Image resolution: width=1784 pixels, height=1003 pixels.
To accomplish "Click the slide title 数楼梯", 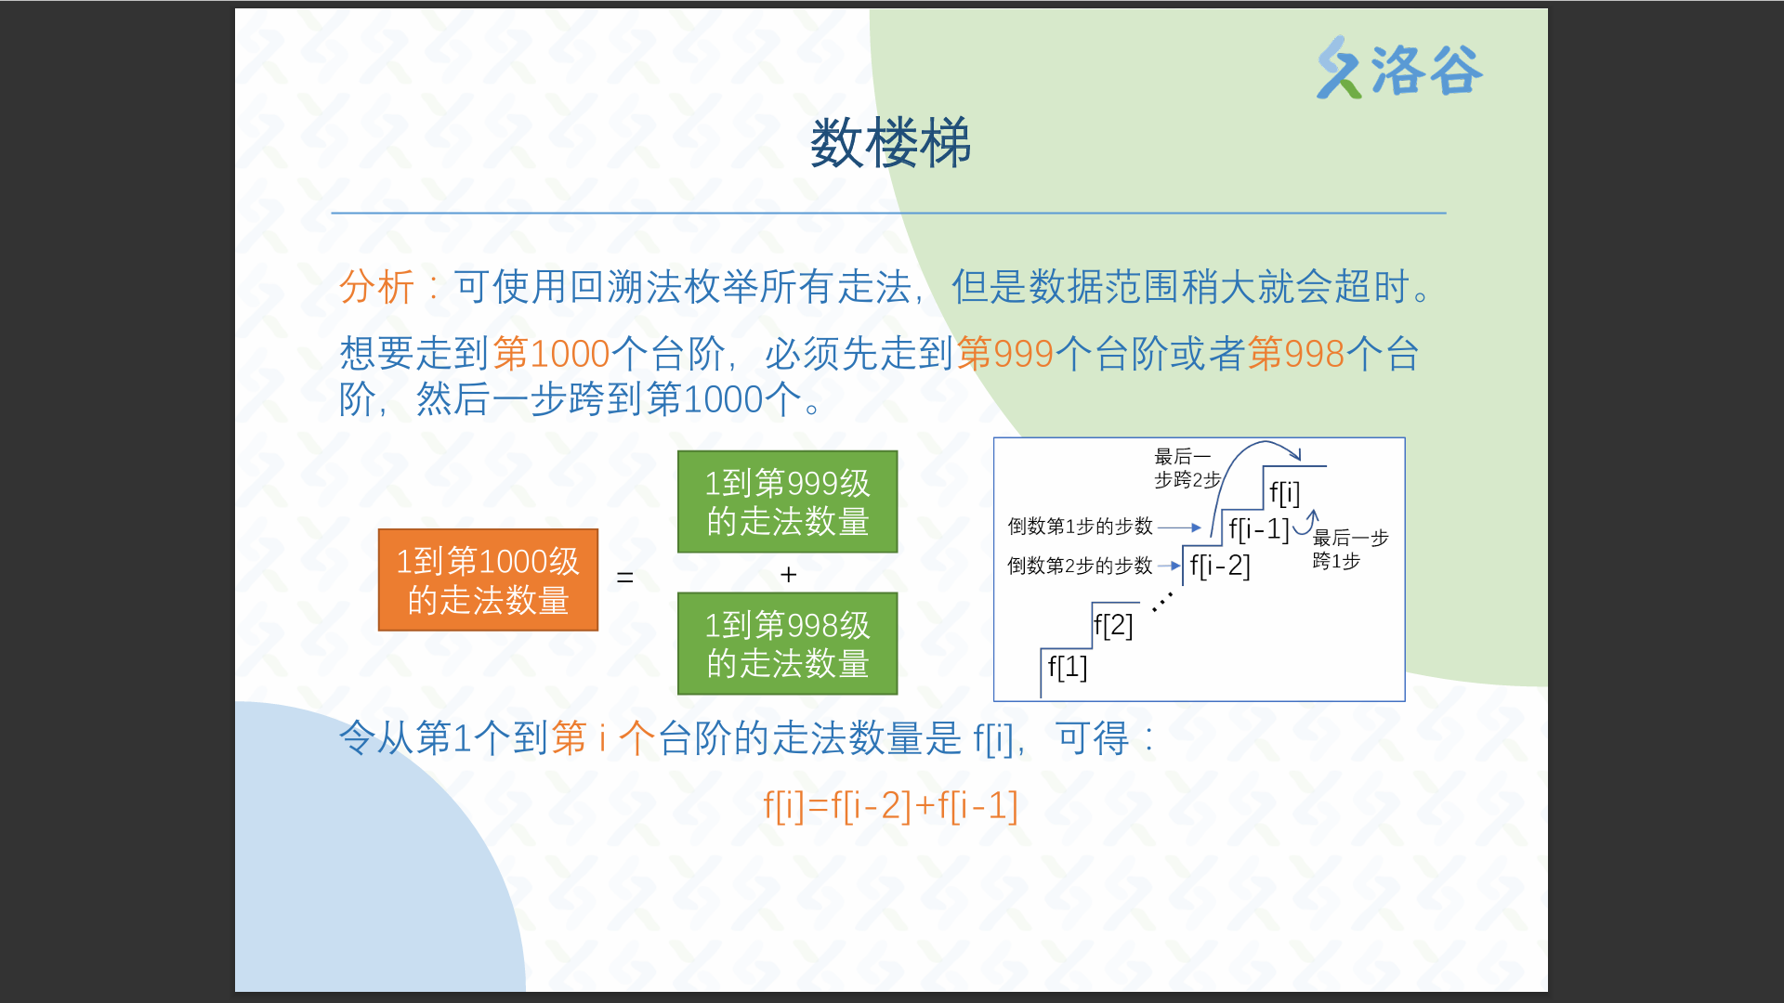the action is pos(890,144).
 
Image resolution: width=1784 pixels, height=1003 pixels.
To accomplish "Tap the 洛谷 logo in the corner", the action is pos(1399,69).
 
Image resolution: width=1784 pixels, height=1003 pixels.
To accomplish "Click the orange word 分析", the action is pos(376,286).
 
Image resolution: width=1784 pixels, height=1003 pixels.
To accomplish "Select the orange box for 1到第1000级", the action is pos(488,580).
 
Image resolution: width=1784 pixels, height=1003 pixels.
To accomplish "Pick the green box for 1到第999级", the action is pos(788,501).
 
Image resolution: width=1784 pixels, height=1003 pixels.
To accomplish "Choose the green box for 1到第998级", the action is pos(788,644).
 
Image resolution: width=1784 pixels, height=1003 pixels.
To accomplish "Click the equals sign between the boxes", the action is pos(625,578).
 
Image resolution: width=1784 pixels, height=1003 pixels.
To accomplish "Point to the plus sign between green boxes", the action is pos(789,575).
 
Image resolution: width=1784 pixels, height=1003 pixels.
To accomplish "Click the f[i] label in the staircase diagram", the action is pos(1285,493).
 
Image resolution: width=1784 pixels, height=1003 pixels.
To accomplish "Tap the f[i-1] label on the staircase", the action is pos(1259,529).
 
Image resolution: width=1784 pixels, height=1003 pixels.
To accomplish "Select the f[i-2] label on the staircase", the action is pos(1220,566).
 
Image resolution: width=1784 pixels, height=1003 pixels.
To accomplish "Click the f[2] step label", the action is pos(1113,625).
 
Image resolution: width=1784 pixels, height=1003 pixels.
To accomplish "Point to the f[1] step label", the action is pos(1068,667).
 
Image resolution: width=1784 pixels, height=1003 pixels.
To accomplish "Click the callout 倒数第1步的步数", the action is pos(1080,527).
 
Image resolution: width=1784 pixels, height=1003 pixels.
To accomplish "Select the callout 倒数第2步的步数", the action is pos(1080,566).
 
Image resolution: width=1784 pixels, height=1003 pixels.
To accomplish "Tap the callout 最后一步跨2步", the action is pos(1187,468).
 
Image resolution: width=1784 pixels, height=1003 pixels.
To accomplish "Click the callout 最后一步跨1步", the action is pos(1350,549).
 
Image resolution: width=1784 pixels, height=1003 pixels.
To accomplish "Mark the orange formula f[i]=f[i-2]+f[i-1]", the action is pos(890,805).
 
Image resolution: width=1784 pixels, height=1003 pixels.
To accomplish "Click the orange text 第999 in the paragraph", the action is pos(1005,354).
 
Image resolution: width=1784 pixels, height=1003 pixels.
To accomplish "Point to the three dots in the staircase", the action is pos(1162,602).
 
